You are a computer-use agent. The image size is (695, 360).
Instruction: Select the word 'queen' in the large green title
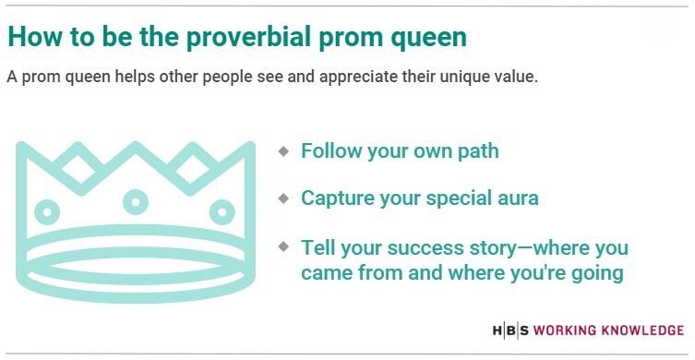[x=430, y=37]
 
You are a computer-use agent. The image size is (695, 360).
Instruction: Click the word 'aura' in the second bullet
[x=517, y=198]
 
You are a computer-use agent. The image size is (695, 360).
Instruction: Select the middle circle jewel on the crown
[x=137, y=200]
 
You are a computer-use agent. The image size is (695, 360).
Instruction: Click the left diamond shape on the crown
[x=78, y=170]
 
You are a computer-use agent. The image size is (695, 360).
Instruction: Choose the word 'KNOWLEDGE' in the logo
[x=644, y=330]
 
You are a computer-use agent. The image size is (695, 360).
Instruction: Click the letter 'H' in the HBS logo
[x=497, y=330]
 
